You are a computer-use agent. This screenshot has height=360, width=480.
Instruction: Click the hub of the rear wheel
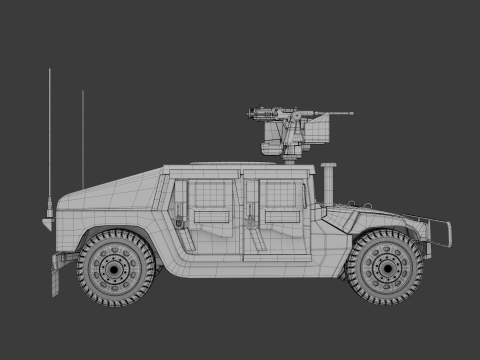click(x=116, y=267)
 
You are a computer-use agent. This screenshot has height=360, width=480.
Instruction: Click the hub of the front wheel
click(x=386, y=267)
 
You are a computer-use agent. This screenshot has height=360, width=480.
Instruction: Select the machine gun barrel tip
click(x=350, y=113)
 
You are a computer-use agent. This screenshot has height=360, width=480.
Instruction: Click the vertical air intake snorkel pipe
click(x=326, y=185)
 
